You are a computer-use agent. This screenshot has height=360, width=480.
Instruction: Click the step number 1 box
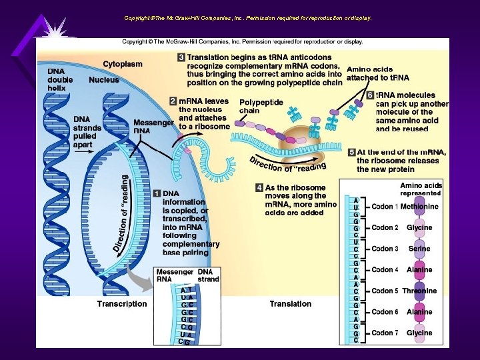coord(157,193)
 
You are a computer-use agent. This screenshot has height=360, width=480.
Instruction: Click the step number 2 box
coord(173,101)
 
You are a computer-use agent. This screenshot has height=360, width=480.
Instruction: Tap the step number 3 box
coord(181,57)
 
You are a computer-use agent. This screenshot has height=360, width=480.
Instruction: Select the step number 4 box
coord(259,188)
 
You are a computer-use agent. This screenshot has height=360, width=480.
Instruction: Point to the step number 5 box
coord(351,152)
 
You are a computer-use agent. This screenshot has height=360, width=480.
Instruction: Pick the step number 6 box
coord(371,95)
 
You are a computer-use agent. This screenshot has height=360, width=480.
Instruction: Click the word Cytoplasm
coord(122,64)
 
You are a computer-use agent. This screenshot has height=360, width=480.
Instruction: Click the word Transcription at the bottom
coord(122,304)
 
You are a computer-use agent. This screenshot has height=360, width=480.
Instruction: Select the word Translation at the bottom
coord(290,304)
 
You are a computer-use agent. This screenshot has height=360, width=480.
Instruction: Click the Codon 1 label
coord(385,207)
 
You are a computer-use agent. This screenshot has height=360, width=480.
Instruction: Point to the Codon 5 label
coord(385,291)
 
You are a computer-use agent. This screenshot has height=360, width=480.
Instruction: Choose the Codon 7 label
coord(385,333)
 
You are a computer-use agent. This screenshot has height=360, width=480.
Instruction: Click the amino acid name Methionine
coord(419,207)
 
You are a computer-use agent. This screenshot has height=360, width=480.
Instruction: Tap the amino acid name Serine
coord(419,249)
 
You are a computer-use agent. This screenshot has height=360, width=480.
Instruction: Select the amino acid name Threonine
coord(419,291)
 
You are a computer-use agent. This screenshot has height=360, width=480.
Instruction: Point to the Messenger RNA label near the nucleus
coord(153,127)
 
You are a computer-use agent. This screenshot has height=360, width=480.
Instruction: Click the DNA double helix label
coord(60,79)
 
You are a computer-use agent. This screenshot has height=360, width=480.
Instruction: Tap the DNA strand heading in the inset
coord(208,276)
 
